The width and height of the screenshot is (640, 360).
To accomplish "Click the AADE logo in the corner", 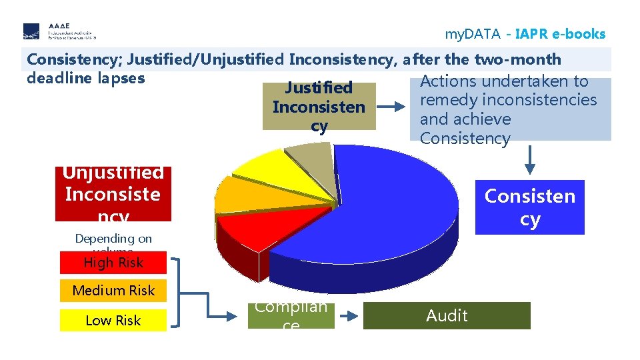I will tap(59, 31).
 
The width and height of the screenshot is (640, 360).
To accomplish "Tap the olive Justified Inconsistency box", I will tap(319, 107).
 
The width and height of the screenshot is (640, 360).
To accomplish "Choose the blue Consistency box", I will tap(529, 207).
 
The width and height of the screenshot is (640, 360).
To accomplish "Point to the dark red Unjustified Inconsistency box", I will tap(113, 194).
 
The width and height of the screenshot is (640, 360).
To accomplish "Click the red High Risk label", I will tap(113, 263).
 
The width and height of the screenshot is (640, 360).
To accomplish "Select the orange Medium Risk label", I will tap(113, 291).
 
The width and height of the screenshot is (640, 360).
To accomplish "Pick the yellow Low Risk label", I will tap(113, 320).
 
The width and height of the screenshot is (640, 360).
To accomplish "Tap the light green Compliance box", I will tap(291, 315).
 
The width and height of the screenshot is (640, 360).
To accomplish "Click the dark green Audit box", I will tap(447, 315).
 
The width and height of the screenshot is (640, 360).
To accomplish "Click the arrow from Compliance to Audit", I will tap(349, 315).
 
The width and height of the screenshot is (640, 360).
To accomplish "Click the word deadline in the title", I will tap(59, 77).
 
